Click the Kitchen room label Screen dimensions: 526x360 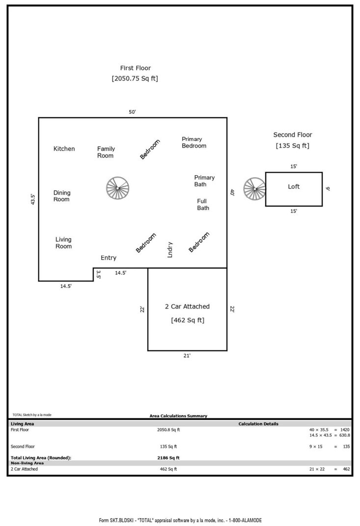point(64,149)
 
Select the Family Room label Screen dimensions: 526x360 point(106,152)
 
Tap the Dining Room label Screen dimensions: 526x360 point(61,196)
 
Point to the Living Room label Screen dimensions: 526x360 point(63,243)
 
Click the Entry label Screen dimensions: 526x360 point(109,258)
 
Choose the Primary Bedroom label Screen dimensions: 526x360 point(194,142)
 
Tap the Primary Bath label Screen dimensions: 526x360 point(204,181)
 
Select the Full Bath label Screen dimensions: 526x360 point(203,205)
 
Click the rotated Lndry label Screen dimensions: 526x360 point(170,249)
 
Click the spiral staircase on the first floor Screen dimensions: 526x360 point(118,188)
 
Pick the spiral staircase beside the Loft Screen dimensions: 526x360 point(255,188)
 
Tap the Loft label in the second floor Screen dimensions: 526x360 point(294,186)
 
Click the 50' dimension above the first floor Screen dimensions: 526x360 point(133,112)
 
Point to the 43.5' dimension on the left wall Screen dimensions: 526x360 point(33,199)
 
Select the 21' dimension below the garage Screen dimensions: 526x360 point(187,356)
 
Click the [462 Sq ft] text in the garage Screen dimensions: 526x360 point(188,320)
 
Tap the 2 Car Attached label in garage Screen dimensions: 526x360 point(187,307)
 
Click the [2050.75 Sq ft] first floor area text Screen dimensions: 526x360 point(135,79)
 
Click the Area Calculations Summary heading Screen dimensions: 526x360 point(178,416)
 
